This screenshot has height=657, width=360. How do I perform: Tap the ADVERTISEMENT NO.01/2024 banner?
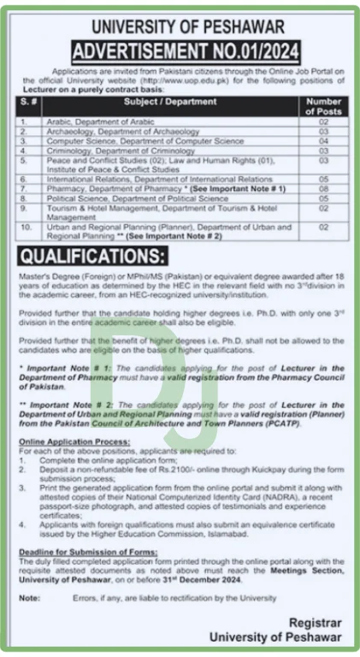(x=180, y=50)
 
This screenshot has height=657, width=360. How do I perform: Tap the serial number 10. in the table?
(x=27, y=227)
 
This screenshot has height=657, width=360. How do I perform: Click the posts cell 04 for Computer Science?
(x=322, y=141)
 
